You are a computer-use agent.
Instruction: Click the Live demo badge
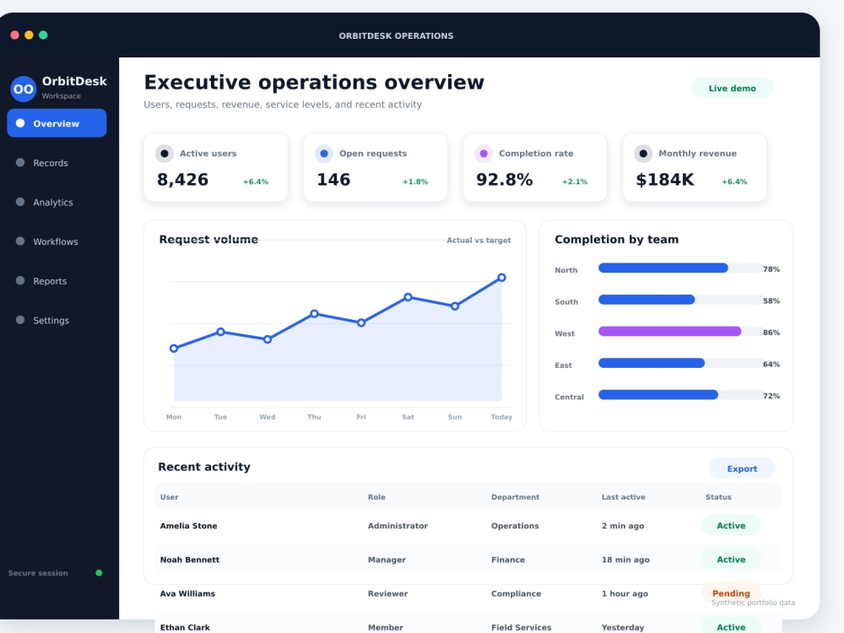(x=732, y=89)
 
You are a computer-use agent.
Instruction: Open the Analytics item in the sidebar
(x=52, y=203)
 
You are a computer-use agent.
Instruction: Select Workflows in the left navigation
(x=55, y=241)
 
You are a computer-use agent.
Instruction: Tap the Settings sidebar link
(x=51, y=320)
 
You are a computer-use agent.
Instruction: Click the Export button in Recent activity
(x=742, y=468)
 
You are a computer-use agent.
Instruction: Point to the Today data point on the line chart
(x=501, y=278)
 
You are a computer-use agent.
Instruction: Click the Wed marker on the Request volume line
(x=268, y=339)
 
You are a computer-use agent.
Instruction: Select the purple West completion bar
(x=669, y=332)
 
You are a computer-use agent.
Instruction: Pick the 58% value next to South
(x=771, y=301)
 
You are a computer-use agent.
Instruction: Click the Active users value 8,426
(x=182, y=180)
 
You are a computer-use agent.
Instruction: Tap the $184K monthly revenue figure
(x=665, y=180)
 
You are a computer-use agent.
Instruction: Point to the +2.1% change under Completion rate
(x=575, y=182)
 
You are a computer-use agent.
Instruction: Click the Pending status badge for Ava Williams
(x=731, y=593)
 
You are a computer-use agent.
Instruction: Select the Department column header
(x=515, y=497)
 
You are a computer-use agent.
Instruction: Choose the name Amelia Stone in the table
(x=188, y=526)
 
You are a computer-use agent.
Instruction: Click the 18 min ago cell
(x=625, y=560)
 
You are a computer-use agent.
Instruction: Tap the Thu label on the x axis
(x=314, y=417)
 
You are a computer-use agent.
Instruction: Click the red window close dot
(x=14, y=35)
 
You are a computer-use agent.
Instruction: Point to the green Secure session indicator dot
(x=99, y=573)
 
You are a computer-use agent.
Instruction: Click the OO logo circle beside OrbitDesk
(x=23, y=89)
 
